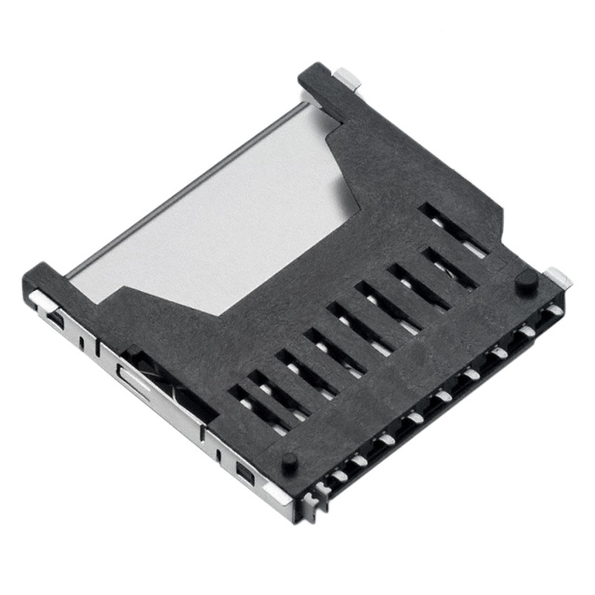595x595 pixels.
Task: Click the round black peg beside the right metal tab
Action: tap(526, 281)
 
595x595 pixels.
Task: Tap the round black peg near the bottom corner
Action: tap(290, 460)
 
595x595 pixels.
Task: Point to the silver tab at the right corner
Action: tap(557, 276)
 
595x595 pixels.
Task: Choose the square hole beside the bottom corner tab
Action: tap(244, 477)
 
